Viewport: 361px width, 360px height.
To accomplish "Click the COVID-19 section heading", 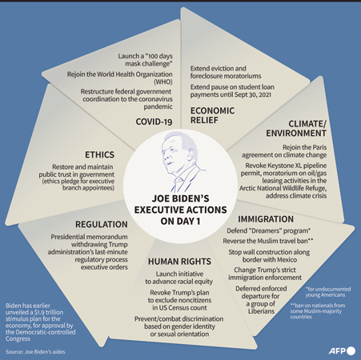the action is point(154,122).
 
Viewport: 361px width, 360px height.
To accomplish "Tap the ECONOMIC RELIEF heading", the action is point(212,115).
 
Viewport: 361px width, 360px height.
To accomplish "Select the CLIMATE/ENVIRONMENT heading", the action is point(296,129).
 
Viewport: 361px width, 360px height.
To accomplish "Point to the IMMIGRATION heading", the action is point(266,219).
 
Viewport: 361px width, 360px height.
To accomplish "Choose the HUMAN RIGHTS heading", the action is point(179,262).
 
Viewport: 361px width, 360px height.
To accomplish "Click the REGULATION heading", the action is point(102,225).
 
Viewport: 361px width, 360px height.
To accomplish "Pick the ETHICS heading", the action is point(99,154).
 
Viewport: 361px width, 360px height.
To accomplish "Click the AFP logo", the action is point(342,351).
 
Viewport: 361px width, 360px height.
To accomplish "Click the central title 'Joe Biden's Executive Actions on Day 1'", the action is point(180,210).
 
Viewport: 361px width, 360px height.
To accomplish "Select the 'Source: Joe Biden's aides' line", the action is point(35,352).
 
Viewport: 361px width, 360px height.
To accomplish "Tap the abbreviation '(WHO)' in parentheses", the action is point(163,82).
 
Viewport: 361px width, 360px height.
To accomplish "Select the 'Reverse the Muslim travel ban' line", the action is point(265,241).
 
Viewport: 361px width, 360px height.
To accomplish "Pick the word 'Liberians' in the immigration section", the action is point(261,311).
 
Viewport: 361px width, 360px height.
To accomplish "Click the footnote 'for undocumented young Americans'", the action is point(328,292).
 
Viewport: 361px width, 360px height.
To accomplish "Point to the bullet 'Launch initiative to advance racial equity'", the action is point(179,278).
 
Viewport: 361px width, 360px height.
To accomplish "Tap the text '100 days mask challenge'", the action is point(149,60).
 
